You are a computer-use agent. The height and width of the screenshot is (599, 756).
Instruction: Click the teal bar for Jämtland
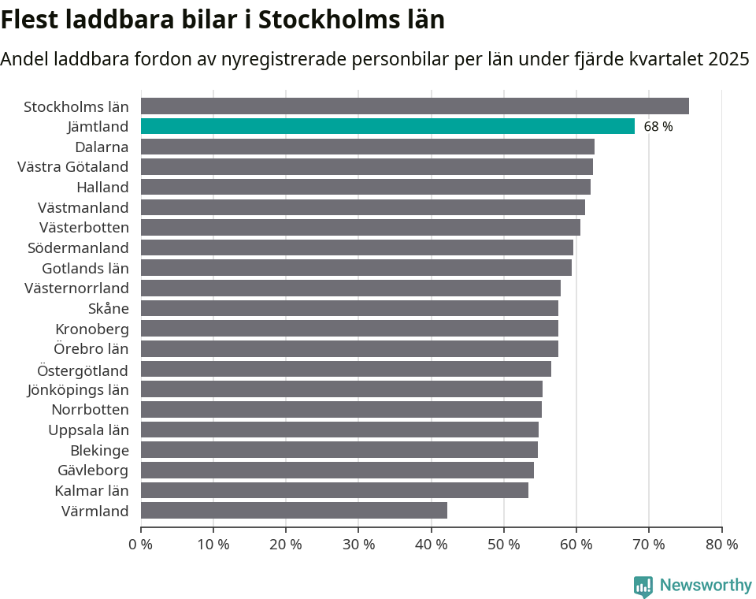coord(387,126)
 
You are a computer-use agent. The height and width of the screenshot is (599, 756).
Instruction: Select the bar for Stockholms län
coord(414,106)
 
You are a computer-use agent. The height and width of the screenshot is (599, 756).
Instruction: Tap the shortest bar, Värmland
coord(294,510)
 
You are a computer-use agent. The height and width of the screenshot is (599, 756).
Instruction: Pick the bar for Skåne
coord(349,308)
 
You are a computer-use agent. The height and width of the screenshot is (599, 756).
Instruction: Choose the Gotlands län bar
coord(356,268)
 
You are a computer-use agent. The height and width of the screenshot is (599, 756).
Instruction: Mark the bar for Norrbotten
coord(341,409)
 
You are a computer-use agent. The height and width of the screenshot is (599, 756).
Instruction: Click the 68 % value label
coord(658,127)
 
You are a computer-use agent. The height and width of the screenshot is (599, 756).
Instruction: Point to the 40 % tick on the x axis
coord(431,544)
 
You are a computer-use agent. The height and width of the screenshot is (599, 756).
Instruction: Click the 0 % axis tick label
coord(141,544)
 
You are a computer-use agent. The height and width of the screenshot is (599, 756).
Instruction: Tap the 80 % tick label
coord(721,544)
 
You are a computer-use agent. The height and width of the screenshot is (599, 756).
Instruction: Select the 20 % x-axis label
coord(286,544)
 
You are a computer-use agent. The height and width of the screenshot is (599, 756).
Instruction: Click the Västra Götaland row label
coord(73,166)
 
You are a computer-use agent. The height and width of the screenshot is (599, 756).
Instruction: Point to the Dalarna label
coord(102,147)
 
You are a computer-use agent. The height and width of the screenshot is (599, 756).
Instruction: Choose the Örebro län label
coord(91,348)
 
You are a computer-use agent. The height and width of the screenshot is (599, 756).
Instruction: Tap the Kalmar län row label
coord(91,490)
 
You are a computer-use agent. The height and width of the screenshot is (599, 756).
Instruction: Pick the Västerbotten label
coord(84,227)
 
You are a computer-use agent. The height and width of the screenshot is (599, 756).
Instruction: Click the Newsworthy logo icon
coord(643,586)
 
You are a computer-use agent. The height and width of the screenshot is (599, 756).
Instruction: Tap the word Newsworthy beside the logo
coord(706,585)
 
